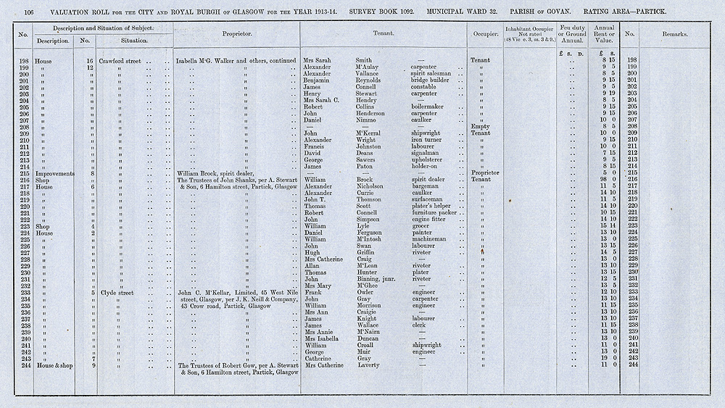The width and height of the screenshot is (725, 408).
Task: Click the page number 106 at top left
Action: click(x=30, y=12)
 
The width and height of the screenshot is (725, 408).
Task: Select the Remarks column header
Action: click(x=674, y=34)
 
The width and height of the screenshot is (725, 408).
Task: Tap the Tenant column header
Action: click(x=384, y=34)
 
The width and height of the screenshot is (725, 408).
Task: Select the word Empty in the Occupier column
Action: click(x=480, y=126)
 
